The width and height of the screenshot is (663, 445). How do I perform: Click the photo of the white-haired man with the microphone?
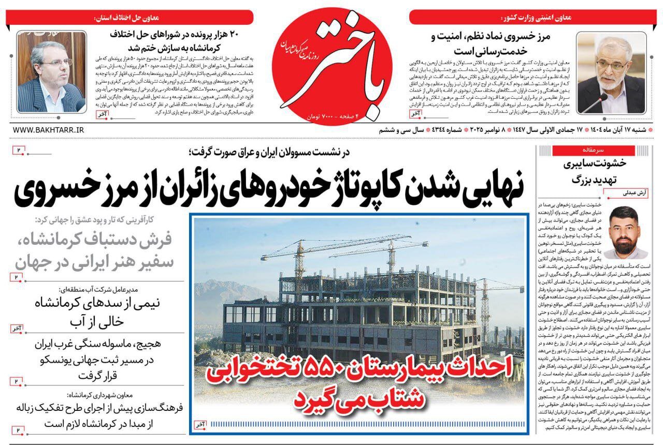click(x=611, y=72)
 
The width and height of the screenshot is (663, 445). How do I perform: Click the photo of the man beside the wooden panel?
click(x=51, y=71)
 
